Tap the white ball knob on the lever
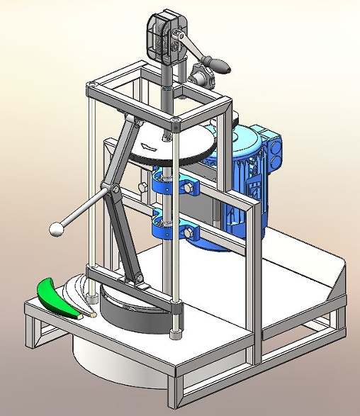56,229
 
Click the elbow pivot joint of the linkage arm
111,191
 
